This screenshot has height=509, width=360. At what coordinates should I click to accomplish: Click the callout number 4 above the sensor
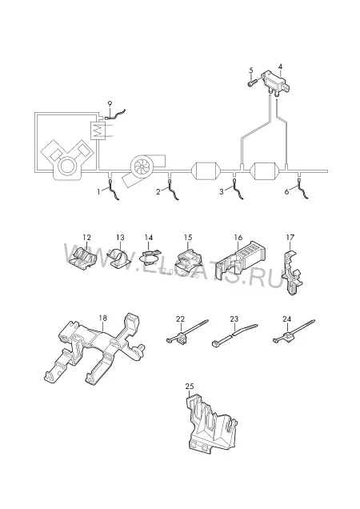click(x=280, y=66)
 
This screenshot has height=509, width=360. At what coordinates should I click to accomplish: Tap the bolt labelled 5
click(x=253, y=82)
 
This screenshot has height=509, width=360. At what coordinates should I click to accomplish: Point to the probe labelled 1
click(x=112, y=189)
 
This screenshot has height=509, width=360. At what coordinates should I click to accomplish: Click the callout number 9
click(x=110, y=104)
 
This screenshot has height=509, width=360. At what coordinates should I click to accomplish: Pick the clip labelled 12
click(x=83, y=259)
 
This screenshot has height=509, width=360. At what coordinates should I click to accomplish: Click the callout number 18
click(x=103, y=318)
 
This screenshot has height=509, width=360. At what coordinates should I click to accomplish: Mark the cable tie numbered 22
click(x=186, y=332)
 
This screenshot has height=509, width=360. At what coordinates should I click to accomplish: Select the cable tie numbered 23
click(x=234, y=335)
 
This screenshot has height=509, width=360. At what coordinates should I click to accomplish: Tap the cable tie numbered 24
click(x=293, y=332)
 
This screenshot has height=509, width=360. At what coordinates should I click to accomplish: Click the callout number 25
click(x=190, y=387)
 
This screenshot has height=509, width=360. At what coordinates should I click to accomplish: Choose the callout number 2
click(x=158, y=192)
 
